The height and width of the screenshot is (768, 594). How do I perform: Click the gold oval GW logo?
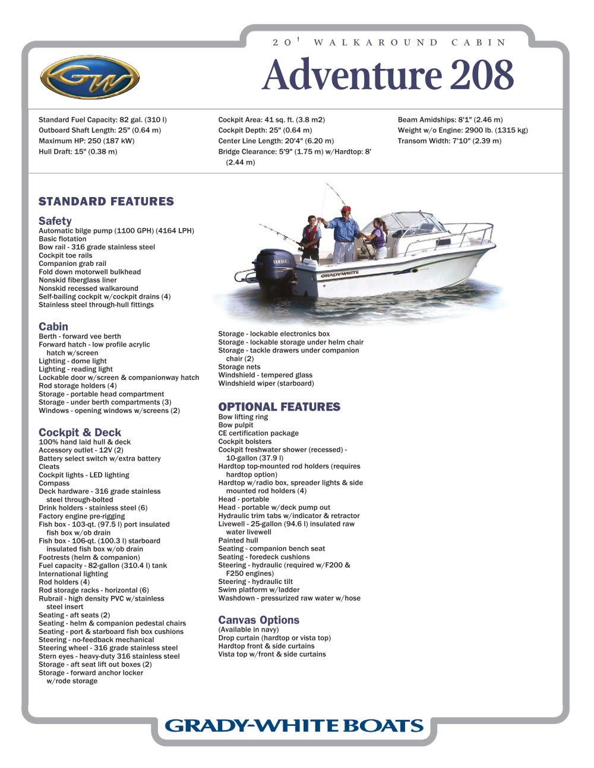click(90, 77)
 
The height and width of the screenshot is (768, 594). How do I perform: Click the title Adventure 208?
click(387, 75)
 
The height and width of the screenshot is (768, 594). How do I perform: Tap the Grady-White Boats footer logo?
click(294, 725)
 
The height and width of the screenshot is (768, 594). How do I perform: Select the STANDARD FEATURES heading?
click(106, 202)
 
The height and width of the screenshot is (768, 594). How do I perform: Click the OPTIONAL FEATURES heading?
click(279, 407)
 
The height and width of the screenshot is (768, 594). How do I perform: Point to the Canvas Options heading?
click(258, 620)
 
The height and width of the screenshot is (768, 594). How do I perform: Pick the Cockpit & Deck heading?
click(80, 433)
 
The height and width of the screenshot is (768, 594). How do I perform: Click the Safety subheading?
click(55, 221)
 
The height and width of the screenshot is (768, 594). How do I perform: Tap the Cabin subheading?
click(53, 326)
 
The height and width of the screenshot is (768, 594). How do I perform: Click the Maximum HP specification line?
click(87, 141)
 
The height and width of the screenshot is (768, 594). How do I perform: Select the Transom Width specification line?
click(449, 141)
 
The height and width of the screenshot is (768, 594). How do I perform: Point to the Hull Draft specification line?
click(78, 152)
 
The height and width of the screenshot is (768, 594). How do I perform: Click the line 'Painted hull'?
click(238, 541)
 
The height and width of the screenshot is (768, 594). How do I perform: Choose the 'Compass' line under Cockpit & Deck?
click(54, 483)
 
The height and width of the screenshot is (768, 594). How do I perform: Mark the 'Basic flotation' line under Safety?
click(62, 239)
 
